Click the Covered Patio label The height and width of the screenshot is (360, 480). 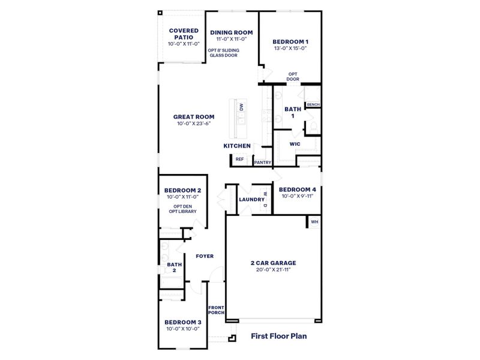pyautogui.click(x=184, y=34)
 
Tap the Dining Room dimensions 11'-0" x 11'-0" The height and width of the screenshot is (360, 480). pyautogui.click(x=231, y=39)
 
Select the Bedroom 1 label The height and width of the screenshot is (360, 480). pyautogui.click(x=290, y=42)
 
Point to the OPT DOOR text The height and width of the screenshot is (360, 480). pyautogui.click(x=293, y=76)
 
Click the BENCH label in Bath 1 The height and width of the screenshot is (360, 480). pyautogui.click(x=313, y=105)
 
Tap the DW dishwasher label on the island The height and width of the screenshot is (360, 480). pyautogui.click(x=241, y=107)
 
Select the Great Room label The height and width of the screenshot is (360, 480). pyautogui.click(x=194, y=117)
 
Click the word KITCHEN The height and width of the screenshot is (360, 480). pyautogui.click(x=237, y=146)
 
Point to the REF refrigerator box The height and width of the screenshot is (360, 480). pyautogui.click(x=239, y=160)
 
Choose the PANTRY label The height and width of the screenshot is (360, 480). pyautogui.click(x=262, y=163)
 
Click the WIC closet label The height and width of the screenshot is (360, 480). pyautogui.click(x=295, y=144)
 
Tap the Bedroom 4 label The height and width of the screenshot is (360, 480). pyautogui.click(x=298, y=189)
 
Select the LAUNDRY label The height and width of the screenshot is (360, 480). pyautogui.click(x=251, y=200)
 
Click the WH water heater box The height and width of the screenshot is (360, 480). pyautogui.click(x=314, y=222)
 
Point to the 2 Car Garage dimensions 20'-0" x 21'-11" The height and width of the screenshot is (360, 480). pyautogui.click(x=273, y=270)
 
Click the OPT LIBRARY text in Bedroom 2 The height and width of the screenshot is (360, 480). pyautogui.click(x=182, y=212)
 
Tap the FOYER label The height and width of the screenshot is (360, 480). pyautogui.click(x=205, y=256)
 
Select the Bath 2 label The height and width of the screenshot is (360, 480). pyautogui.click(x=175, y=267)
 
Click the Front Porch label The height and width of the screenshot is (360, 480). pyautogui.click(x=216, y=310)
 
